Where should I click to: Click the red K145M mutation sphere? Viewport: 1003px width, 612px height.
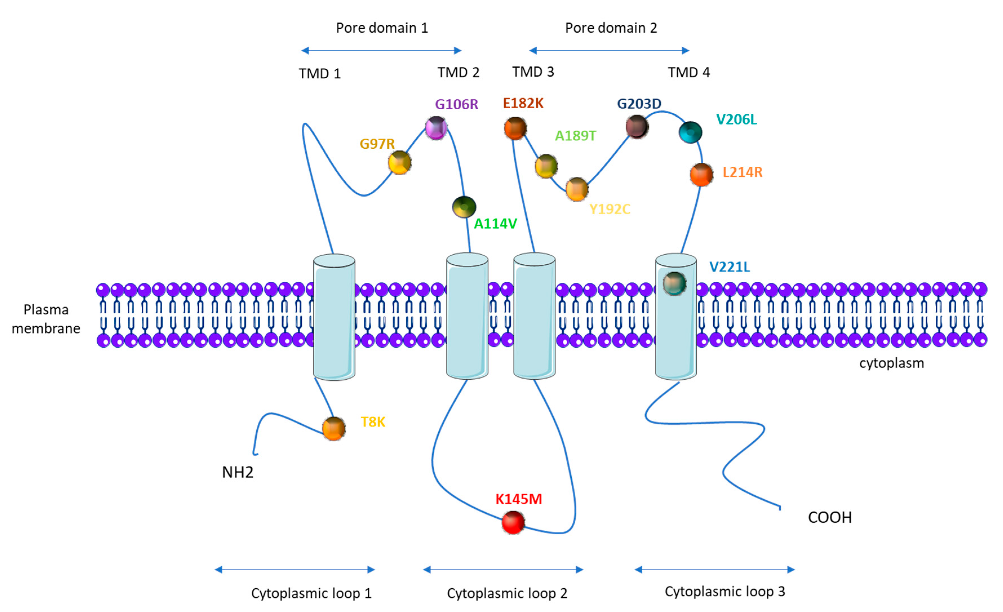[x=513, y=522]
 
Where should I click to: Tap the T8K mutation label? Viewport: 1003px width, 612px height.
[x=373, y=422]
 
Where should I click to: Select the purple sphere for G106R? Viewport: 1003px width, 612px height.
[x=436, y=128]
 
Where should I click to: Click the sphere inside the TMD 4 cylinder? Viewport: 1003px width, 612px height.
[x=674, y=283]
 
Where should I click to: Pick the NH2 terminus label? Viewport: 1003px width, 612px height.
[x=238, y=472]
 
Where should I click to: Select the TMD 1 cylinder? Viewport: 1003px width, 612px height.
[x=334, y=317]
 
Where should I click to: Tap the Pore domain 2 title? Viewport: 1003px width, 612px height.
[x=611, y=28]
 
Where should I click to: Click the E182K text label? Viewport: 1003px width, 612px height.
[x=523, y=103]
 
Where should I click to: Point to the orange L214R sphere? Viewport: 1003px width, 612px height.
[x=701, y=175]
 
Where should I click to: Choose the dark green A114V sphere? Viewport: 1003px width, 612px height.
[x=464, y=207]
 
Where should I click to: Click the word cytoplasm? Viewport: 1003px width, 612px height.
[x=891, y=363]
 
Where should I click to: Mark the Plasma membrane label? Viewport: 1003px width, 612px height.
[x=46, y=319]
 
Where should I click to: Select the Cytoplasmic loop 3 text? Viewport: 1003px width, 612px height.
[x=725, y=591]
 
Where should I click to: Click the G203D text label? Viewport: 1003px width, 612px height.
[x=639, y=104]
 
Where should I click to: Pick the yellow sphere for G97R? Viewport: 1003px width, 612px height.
[x=399, y=163]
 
